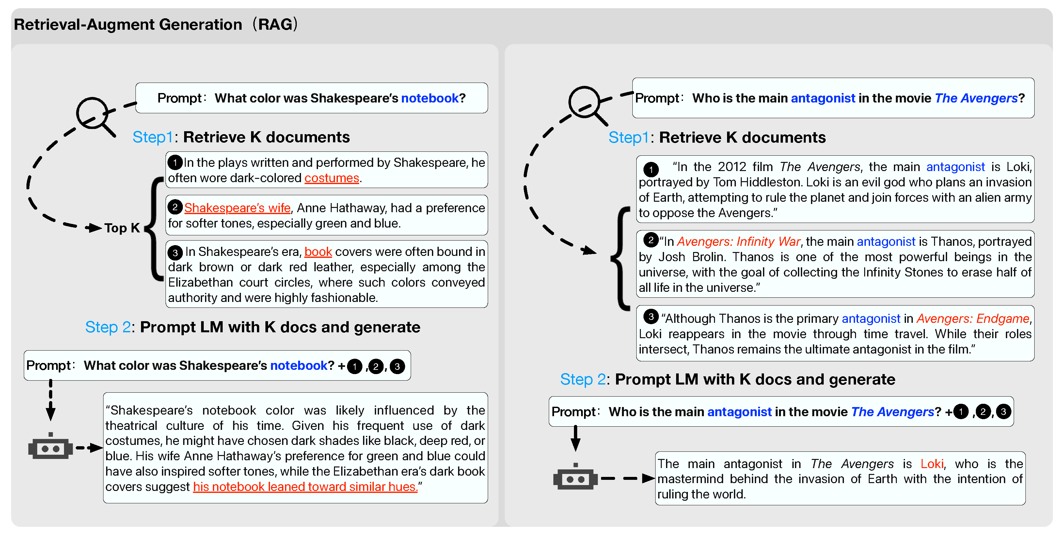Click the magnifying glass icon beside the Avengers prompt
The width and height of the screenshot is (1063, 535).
(585, 103)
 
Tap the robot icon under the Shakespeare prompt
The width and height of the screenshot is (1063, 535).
(50, 447)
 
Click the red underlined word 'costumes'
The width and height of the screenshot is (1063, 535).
(332, 178)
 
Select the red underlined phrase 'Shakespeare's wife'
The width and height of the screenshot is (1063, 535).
(237, 208)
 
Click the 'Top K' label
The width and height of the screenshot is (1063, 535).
(122, 228)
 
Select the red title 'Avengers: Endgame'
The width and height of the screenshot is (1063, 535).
(973, 319)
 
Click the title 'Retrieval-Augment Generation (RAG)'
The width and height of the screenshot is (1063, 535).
(156, 25)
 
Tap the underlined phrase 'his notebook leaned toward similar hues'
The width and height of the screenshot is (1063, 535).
(305, 487)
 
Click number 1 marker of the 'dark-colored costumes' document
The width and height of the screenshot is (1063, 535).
(175, 163)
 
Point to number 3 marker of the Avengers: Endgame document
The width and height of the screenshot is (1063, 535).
(651, 317)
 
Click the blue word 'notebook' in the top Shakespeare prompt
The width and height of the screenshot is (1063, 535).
(430, 98)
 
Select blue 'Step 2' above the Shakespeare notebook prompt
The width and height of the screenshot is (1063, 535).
(108, 327)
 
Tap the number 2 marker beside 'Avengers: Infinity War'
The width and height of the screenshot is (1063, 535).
(651, 240)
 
